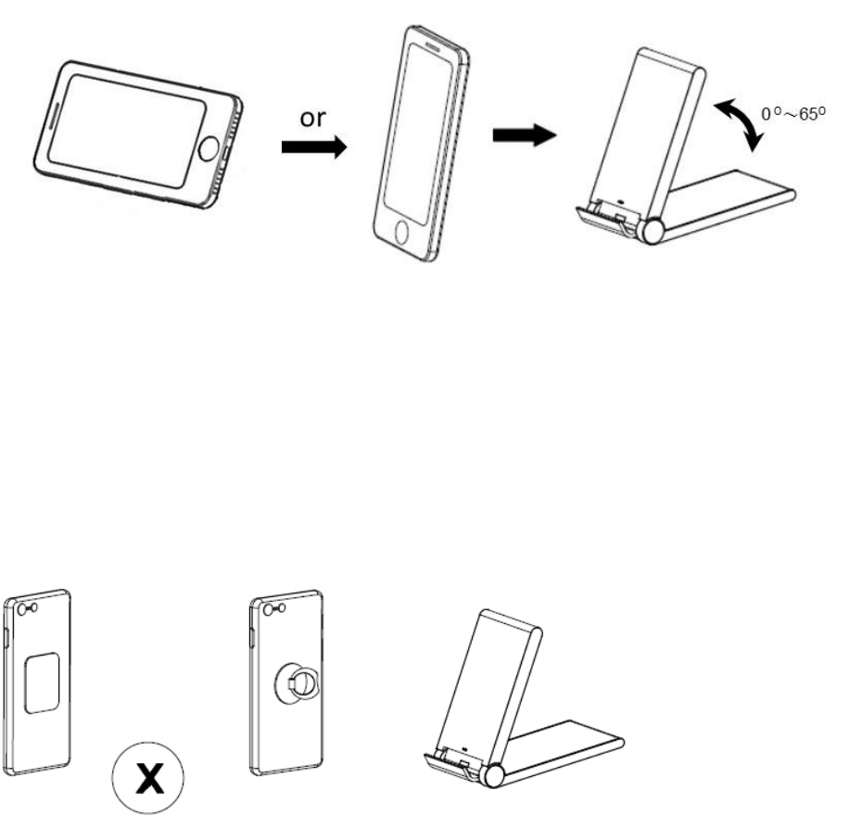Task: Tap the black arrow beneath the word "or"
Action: (x=313, y=147)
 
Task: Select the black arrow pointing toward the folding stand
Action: (x=525, y=135)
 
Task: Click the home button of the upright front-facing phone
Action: (x=400, y=231)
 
